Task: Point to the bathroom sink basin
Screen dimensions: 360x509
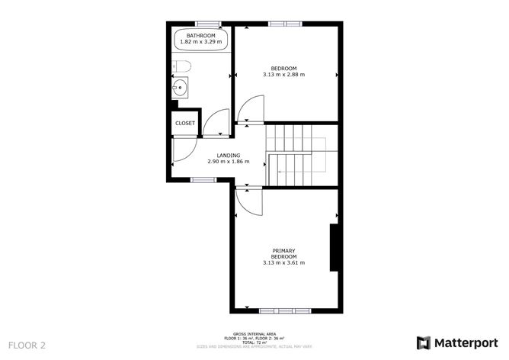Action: click(180, 88)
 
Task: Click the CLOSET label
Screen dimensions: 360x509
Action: click(185, 123)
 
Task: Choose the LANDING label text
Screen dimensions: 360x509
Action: click(229, 156)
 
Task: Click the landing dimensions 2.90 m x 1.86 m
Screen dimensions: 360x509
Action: click(229, 162)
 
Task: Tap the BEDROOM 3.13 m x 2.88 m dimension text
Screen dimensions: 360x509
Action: click(283, 75)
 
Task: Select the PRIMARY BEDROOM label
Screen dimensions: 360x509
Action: click(283, 253)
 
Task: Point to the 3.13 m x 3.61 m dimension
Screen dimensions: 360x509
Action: click(283, 263)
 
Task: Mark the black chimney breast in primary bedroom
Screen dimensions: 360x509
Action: click(334, 247)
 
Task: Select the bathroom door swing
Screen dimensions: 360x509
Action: click(216, 123)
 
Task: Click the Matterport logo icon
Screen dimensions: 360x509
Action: click(424, 342)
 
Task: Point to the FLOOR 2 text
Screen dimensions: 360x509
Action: click(28, 345)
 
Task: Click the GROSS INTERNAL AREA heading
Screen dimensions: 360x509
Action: click(255, 333)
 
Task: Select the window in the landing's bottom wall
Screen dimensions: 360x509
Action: click(203, 180)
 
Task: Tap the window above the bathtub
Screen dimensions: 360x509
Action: click(202, 24)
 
